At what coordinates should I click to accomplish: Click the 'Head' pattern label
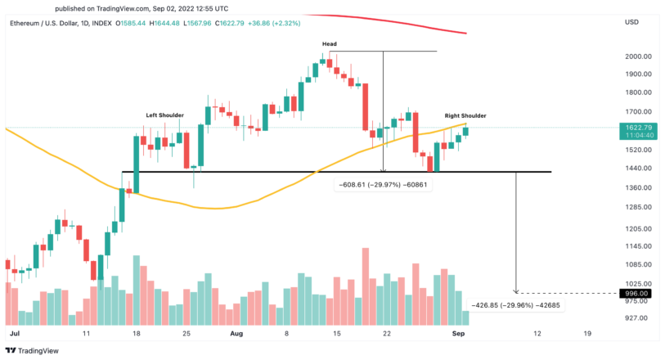[x=330, y=44]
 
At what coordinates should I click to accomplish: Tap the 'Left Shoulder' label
[x=164, y=115]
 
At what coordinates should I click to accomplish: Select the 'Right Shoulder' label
[x=465, y=116]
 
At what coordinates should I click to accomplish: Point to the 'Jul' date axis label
[x=13, y=334]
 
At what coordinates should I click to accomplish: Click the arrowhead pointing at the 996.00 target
[x=516, y=290]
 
